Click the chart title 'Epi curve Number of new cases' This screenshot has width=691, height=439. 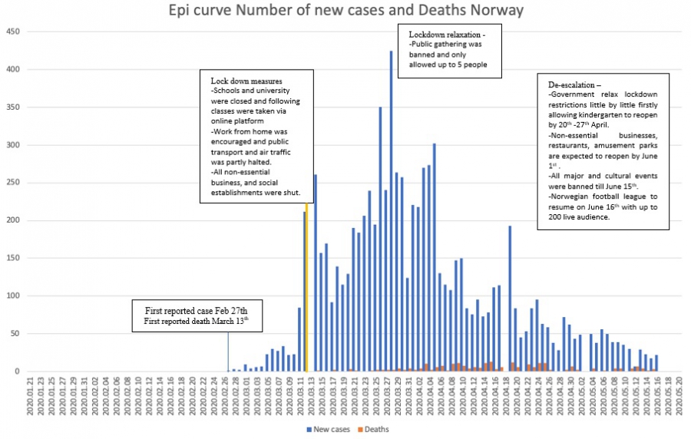[x=346, y=11]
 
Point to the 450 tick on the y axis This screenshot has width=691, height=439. [x=12, y=32]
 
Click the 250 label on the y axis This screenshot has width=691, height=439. [x=12, y=183]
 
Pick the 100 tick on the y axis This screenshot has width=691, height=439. [x=12, y=296]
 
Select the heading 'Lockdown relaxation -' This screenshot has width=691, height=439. [x=447, y=35]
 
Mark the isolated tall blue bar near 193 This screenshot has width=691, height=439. [x=510, y=299]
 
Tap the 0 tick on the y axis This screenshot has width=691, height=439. [x=16, y=371]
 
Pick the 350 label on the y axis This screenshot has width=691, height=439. [x=12, y=107]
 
